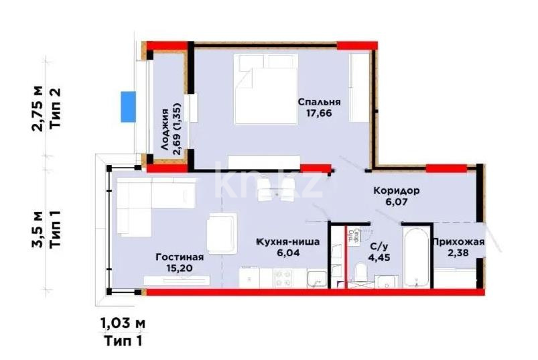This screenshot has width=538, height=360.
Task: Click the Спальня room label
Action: [x=320, y=102]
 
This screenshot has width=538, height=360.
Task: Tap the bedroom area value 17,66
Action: [x=320, y=113]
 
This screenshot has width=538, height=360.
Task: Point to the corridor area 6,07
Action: [x=397, y=202]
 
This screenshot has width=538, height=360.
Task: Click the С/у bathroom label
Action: [x=376, y=246]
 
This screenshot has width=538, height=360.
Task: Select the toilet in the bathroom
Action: [x=360, y=274]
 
